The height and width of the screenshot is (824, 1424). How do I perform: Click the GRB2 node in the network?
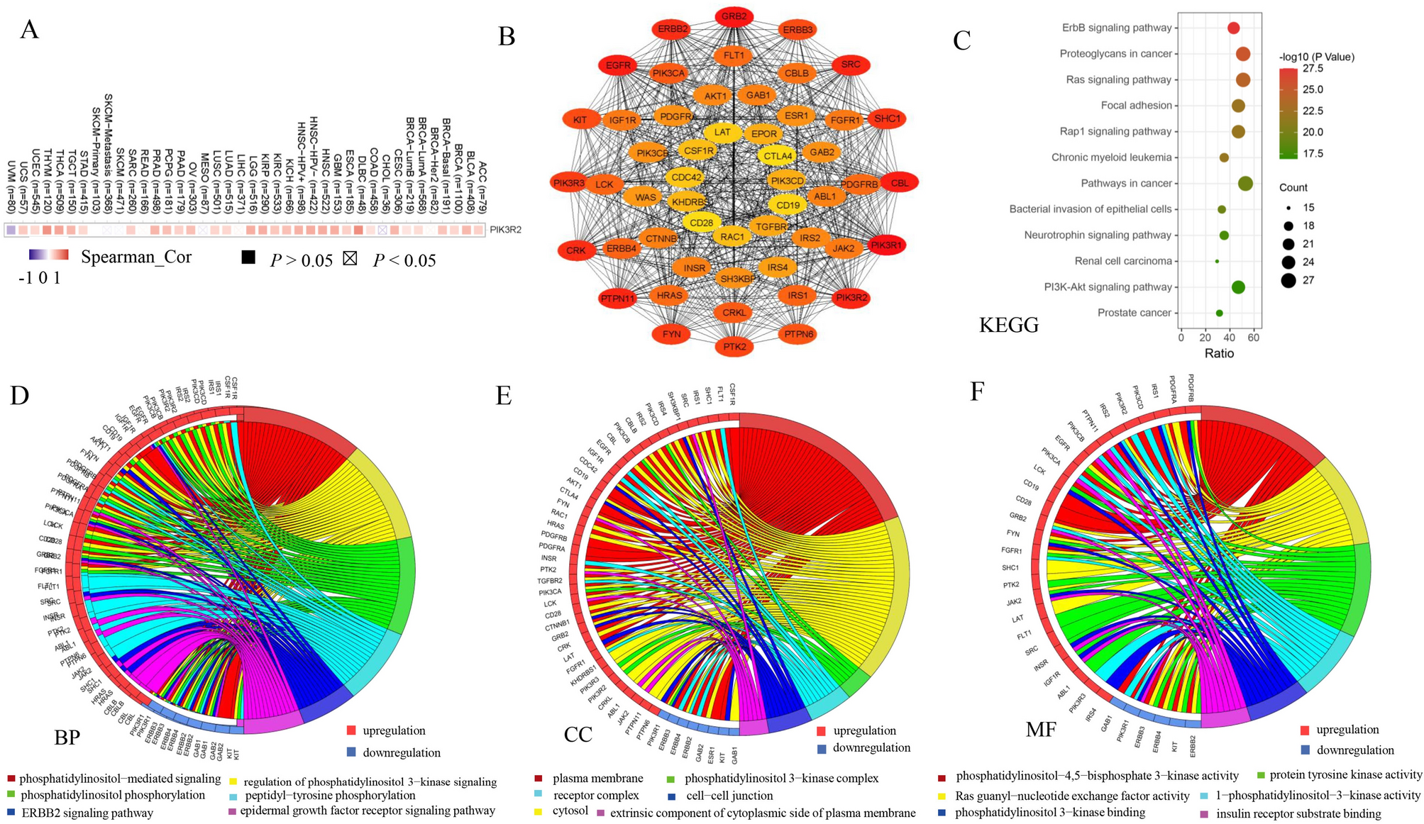point(734,16)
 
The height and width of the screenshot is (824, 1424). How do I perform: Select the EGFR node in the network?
point(618,66)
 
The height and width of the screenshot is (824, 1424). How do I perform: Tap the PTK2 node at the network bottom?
point(734,347)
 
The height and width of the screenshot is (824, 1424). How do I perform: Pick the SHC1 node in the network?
point(886,118)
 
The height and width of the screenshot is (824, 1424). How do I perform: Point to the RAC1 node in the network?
point(732,237)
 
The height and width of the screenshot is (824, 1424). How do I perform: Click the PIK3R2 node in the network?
point(851,298)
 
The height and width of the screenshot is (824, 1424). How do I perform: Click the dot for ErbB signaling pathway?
point(1233,28)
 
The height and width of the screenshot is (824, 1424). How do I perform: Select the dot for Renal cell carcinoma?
point(1217,261)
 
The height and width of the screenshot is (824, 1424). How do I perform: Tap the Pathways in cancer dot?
point(1245,184)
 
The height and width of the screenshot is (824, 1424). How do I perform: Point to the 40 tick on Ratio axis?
point(1230,338)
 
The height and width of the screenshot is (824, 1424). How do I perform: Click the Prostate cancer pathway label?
point(1134,313)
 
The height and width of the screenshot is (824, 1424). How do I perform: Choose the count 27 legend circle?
point(1288,280)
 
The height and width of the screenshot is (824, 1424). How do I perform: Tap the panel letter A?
point(29,30)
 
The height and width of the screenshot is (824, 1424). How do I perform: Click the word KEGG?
point(1008,325)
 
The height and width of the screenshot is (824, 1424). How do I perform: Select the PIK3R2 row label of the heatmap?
point(505,230)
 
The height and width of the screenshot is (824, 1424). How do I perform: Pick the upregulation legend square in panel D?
point(351,730)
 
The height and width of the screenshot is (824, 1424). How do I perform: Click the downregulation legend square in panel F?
point(1305,750)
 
